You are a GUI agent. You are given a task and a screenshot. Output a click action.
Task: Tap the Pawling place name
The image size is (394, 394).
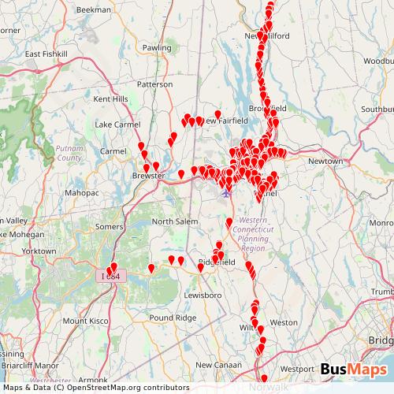[x=158, y=48]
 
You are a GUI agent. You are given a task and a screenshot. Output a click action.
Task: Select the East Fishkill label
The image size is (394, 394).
[x=43, y=54]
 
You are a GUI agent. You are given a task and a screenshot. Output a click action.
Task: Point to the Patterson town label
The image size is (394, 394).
[x=154, y=84]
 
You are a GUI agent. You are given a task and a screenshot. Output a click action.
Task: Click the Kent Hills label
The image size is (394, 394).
[x=110, y=99]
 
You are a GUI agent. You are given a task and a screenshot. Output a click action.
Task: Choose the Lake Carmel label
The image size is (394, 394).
[x=117, y=125]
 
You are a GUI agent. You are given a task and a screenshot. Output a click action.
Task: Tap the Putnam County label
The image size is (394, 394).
[x=69, y=153]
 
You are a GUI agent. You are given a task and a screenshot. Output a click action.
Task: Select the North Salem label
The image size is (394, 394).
[x=174, y=221]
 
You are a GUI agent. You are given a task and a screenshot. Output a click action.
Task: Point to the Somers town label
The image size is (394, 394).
[x=110, y=227]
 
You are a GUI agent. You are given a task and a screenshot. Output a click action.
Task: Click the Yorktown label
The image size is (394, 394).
[x=39, y=251]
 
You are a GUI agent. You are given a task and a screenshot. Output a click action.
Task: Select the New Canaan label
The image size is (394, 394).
[x=216, y=364]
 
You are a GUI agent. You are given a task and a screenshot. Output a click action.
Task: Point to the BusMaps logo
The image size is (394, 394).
[x=353, y=369]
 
